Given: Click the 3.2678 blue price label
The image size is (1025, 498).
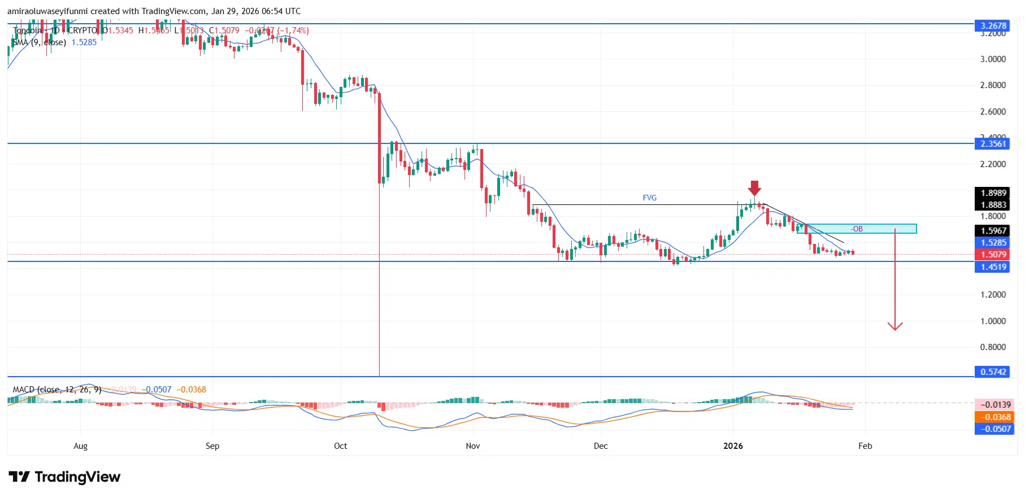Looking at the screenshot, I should click(x=993, y=25).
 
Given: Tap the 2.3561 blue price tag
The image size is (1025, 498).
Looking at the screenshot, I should click(x=993, y=143).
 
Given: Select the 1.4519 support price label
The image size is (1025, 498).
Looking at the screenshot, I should click(x=993, y=267).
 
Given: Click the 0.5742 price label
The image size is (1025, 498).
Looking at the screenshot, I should click(x=993, y=372).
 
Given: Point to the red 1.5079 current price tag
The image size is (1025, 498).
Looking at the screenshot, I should click(x=993, y=255).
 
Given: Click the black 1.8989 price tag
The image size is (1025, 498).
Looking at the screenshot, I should click(x=993, y=193).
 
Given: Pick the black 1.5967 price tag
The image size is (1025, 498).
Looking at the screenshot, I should click(x=993, y=230).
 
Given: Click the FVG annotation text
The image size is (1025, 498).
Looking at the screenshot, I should click(x=649, y=198).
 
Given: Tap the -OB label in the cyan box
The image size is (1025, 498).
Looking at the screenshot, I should click(x=857, y=229).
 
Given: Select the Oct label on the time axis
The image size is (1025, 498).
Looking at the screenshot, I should click(x=340, y=445).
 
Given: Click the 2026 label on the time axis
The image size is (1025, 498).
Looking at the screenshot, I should click(x=733, y=445).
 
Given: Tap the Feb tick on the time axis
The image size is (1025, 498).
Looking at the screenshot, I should click(x=865, y=445).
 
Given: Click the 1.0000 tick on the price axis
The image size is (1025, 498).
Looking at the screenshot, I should click(x=992, y=321).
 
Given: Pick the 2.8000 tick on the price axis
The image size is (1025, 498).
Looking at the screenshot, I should click(x=992, y=85).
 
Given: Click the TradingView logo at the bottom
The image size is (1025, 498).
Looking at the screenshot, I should click(x=64, y=477).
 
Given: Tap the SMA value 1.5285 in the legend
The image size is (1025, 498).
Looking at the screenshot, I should click(x=84, y=42).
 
